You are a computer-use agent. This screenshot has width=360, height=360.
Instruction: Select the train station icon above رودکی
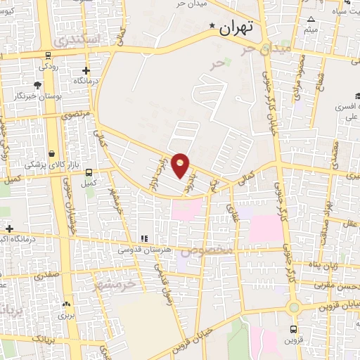[47, 56]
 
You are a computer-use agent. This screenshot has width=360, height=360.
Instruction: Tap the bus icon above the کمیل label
[88, 172]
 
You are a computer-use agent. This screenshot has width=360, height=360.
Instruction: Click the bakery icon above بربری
[67, 304]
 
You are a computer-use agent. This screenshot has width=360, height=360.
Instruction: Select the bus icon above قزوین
[293, 328]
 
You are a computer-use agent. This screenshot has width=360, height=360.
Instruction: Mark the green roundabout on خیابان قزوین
[293, 307]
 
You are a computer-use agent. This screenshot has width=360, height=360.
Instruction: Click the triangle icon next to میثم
[311, 19]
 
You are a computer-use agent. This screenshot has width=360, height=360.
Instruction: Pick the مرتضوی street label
[75, 113]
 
